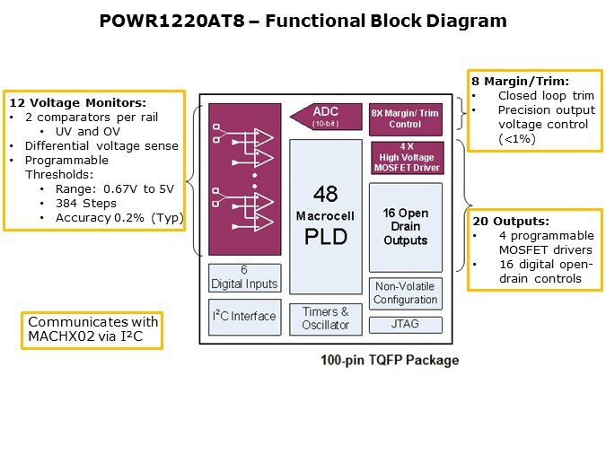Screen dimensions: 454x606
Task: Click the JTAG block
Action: pyautogui.click(x=406, y=324)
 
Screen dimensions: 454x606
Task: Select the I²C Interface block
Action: pyautogui.click(x=244, y=316)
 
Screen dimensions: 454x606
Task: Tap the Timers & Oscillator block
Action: pyautogui.click(x=326, y=319)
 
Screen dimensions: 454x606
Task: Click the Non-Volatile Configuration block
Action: pyautogui.click(x=406, y=292)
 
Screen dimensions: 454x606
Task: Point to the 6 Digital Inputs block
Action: pyautogui.click(x=244, y=277)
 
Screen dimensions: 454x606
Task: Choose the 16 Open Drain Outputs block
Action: pyautogui.click(x=406, y=227)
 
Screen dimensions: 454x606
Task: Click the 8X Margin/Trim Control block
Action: pyautogui.click(x=406, y=118)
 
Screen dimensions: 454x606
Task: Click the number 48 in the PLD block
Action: pyautogui.click(x=325, y=195)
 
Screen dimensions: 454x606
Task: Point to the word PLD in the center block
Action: pyautogui.click(x=325, y=237)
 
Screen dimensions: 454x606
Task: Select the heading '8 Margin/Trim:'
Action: pyautogui.click(x=514, y=81)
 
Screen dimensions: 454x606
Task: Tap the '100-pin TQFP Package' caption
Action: pyautogui.click(x=390, y=361)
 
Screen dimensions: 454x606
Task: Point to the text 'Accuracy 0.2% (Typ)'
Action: pyautogui.click(x=112, y=217)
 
